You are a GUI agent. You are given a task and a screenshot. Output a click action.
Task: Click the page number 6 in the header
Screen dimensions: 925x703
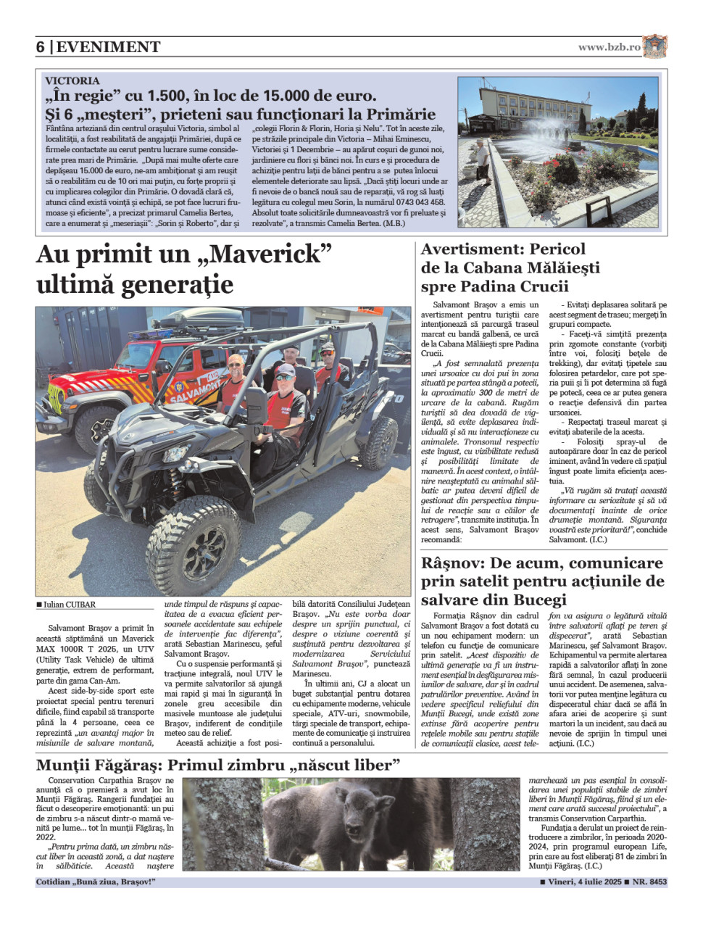coord(41,47)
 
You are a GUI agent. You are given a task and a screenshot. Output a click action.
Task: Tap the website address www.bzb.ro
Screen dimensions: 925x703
coord(609,47)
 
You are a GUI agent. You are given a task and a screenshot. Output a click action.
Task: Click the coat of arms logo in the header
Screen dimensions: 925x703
coord(654,46)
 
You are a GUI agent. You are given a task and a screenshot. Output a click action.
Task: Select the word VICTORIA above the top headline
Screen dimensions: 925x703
coord(72,80)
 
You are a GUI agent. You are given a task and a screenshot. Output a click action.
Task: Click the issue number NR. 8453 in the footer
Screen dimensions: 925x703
coord(649,882)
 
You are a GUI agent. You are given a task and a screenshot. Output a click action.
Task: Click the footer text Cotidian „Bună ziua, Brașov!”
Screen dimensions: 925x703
coord(96,882)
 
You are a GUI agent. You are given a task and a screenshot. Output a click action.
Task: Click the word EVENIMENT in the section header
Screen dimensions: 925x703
coord(108,47)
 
